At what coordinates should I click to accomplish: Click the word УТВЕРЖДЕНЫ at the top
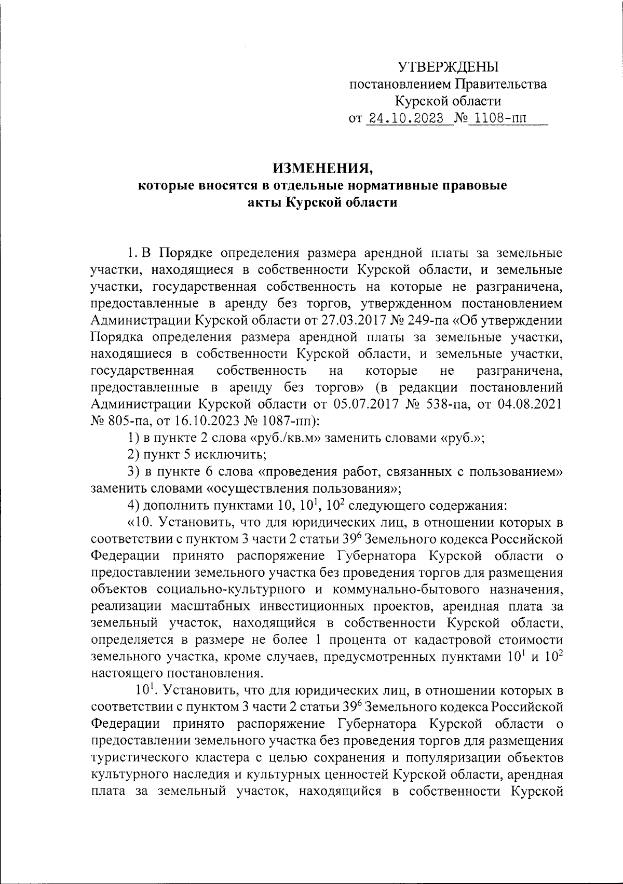click(x=448, y=66)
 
